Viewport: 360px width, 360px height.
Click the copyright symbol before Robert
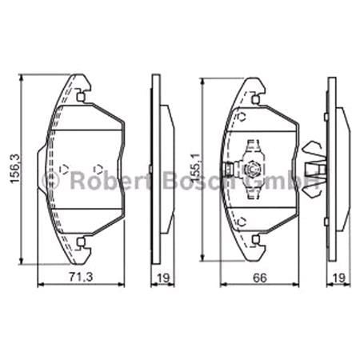click(51, 180)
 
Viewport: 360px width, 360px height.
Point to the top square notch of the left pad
click(82, 98)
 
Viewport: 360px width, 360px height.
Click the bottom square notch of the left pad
click(82, 240)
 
